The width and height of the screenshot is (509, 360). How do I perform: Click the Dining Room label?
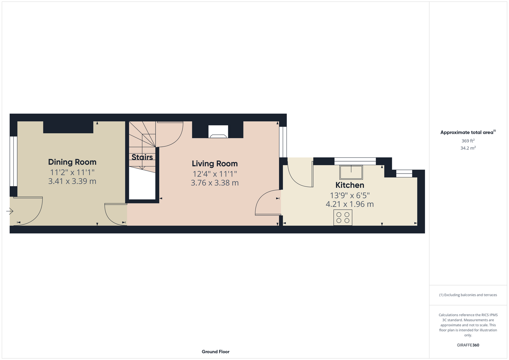[72, 162]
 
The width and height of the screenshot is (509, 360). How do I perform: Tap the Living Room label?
[215, 163]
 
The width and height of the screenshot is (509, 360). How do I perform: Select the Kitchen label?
[350, 185]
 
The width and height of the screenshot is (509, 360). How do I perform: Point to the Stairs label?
[142, 157]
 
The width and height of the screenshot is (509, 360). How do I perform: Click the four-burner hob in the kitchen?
[343, 217]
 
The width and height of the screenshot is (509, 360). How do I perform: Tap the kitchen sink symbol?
[351, 172]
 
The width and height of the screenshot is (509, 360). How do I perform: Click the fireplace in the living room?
[218, 131]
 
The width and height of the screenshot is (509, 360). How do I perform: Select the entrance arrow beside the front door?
[10, 211]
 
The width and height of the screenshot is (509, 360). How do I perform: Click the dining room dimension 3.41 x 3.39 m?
[72, 181]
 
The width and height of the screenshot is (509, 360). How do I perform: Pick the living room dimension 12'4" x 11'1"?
[215, 174]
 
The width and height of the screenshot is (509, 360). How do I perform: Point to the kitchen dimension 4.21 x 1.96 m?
[350, 204]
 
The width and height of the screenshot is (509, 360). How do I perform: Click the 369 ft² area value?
[468, 141]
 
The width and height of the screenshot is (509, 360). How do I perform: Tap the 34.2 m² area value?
[468, 148]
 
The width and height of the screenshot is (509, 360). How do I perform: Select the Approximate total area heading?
[468, 132]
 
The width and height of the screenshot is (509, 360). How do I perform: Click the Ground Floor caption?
[215, 352]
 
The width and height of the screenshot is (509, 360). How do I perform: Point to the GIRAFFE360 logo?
[468, 345]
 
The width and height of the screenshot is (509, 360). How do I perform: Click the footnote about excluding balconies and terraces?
[468, 295]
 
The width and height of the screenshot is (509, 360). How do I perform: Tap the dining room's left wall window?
[13, 161]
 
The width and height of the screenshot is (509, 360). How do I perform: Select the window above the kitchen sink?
[355, 161]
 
